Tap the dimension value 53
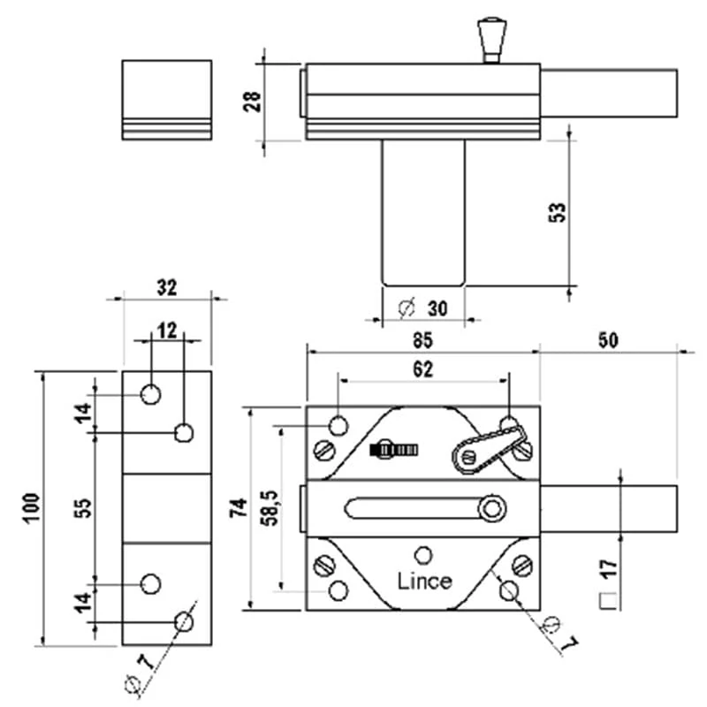click(557, 212)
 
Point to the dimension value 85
click(422, 338)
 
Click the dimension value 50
click(607, 338)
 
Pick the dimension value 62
click(422, 370)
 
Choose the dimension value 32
click(166, 287)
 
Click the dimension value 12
click(166, 329)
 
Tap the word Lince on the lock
click(424, 581)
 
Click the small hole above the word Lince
click(424, 554)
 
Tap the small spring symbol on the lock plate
click(394, 449)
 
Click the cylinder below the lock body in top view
click(423, 212)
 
